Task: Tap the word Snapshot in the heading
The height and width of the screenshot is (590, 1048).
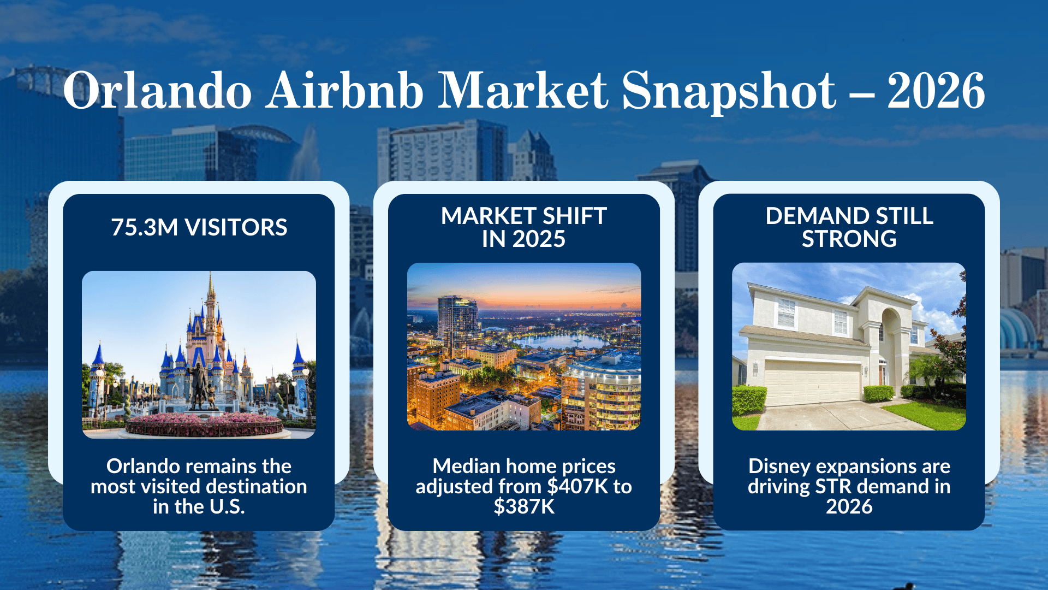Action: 728,91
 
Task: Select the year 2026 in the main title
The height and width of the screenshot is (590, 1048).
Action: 936,91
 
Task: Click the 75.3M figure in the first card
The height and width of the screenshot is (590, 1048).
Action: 144,227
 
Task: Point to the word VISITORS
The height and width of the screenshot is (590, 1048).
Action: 236,227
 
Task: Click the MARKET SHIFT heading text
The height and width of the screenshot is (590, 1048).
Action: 523,216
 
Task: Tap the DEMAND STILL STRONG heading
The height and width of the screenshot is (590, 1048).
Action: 849,227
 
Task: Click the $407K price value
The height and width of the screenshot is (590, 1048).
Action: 577,486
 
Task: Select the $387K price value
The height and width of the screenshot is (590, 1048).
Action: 523,506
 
